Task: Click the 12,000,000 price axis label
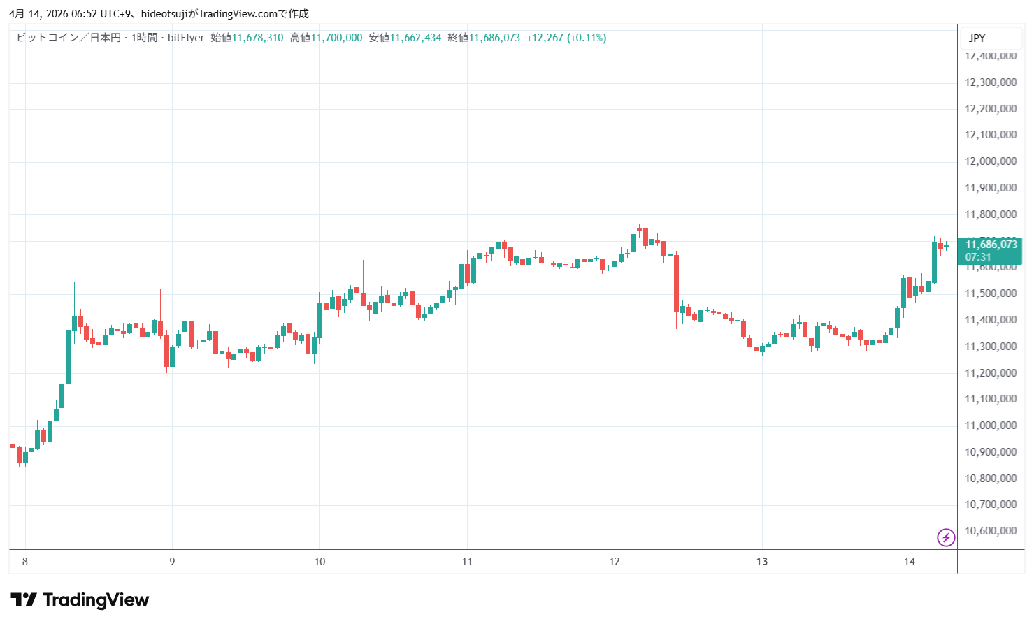click(x=991, y=161)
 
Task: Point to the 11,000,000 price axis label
click(x=991, y=425)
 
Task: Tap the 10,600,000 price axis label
click(x=991, y=531)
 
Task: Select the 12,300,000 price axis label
click(x=991, y=82)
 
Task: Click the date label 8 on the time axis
click(x=25, y=562)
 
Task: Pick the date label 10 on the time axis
click(x=319, y=562)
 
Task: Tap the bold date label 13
click(x=762, y=562)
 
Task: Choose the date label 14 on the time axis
click(x=909, y=562)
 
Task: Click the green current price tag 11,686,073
click(x=991, y=245)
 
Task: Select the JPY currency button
click(x=977, y=38)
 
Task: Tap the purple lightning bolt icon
click(x=946, y=537)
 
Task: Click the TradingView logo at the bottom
click(x=80, y=600)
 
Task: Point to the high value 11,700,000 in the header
click(x=336, y=38)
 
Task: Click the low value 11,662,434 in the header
click(x=415, y=38)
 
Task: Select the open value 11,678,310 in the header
click(x=257, y=38)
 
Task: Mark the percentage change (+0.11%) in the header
click(x=587, y=38)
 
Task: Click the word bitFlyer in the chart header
click(x=186, y=38)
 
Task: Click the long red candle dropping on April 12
click(x=676, y=283)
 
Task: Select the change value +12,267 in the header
click(x=545, y=38)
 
